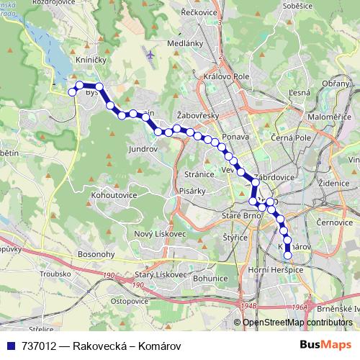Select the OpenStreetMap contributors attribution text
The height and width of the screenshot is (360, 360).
click(297, 323)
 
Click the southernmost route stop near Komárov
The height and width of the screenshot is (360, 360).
click(288, 255)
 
